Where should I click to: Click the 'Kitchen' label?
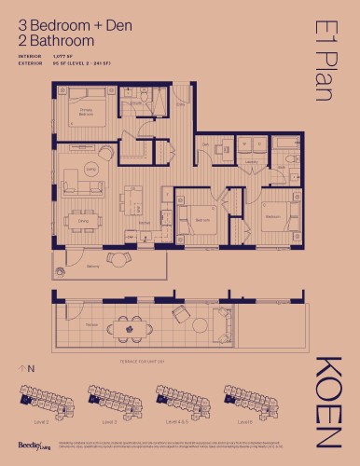click(145, 224)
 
